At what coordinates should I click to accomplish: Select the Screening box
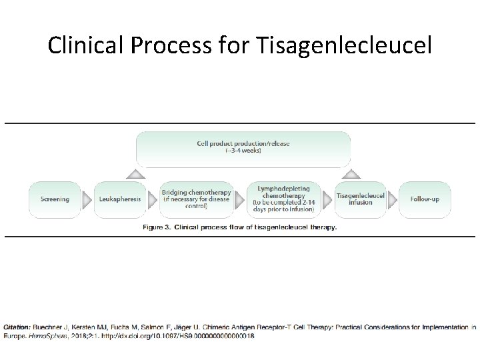click(x=55, y=199)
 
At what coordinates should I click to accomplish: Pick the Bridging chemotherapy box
click(x=196, y=199)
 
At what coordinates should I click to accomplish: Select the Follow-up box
click(x=425, y=199)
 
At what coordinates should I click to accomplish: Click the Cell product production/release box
click(x=243, y=147)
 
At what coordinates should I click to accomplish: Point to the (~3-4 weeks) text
click(x=243, y=151)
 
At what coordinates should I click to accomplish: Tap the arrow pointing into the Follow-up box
click(x=393, y=199)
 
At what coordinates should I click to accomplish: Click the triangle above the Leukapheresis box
click(x=135, y=174)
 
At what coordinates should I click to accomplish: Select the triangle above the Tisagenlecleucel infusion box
click(x=352, y=174)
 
